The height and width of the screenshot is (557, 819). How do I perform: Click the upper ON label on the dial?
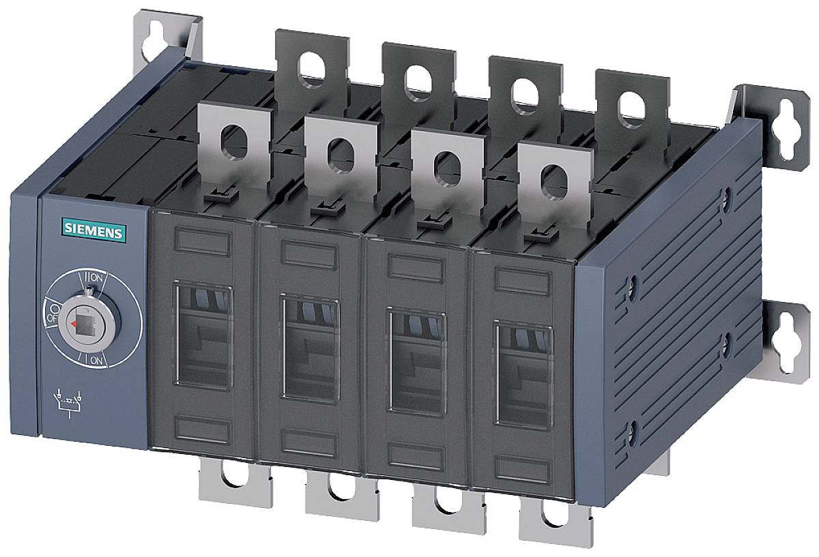coord(94,278)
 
